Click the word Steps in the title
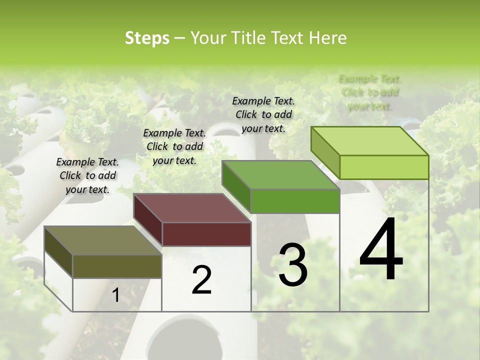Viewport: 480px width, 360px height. (x=147, y=38)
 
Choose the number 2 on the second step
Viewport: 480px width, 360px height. (x=201, y=280)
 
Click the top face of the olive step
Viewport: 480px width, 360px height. (x=102, y=240)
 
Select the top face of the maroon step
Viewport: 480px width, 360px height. (x=192, y=207)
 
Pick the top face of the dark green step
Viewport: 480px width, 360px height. (x=281, y=175)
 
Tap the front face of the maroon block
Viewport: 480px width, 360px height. (x=206, y=234)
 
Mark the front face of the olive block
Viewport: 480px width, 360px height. (x=117, y=266)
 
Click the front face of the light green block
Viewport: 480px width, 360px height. (x=384, y=167)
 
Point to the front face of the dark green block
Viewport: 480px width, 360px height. (x=295, y=201)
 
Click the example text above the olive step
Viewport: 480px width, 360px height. (x=87, y=175)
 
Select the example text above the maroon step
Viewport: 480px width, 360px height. (x=174, y=146)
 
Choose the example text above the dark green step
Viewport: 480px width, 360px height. (x=263, y=114)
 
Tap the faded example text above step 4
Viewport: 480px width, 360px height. (x=370, y=92)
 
